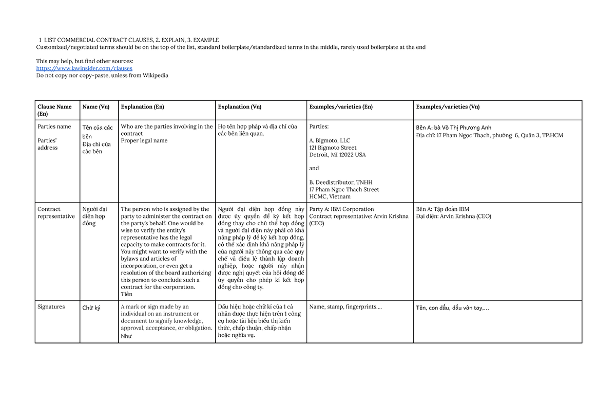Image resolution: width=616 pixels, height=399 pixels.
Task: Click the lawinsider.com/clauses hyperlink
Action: tap(84, 68)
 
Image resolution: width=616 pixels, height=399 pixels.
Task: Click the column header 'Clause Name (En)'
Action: tap(54, 110)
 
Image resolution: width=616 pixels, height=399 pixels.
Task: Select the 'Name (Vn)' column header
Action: tap(96, 107)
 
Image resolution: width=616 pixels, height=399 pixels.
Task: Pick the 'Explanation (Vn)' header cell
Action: tap(240, 107)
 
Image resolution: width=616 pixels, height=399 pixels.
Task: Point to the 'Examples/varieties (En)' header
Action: tap(341, 107)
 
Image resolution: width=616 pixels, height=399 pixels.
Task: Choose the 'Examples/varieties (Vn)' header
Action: tap(448, 107)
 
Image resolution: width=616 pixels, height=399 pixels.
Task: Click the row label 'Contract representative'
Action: tap(56, 213)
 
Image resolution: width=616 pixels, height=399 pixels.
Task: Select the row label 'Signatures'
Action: tap(51, 307)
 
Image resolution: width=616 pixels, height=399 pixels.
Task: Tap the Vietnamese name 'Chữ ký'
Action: tap(91, 308)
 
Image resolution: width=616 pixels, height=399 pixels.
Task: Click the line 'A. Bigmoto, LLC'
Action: tap(330, 140)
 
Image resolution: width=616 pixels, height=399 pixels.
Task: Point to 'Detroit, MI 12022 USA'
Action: tap(337, 155)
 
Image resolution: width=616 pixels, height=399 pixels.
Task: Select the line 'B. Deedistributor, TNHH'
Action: tap(341, 183)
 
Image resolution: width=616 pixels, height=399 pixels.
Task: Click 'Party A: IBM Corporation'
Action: tap(341, 209)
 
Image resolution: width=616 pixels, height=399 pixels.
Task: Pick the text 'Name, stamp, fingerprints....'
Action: tap(345, 307)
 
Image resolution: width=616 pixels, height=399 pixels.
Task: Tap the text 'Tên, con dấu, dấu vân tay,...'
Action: tap(452, 308)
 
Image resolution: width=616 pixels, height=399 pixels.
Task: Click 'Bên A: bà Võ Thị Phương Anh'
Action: tap(454, 128)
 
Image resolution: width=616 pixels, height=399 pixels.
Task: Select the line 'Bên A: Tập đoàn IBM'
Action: tap(442, 209)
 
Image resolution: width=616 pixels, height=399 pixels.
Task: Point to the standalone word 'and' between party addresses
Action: tap(314, 168)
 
